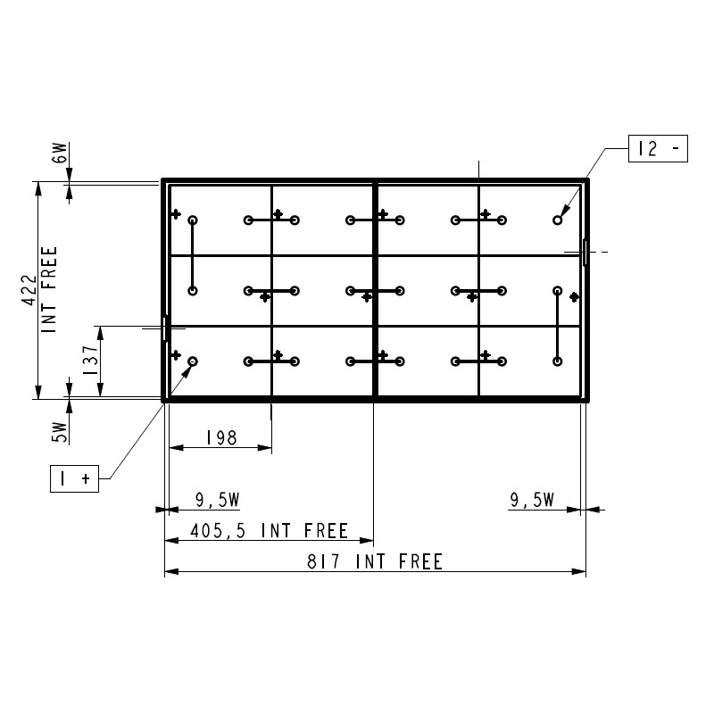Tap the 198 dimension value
click(221, 437)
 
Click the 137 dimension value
click(90, 361)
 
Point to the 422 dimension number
click(29, 290)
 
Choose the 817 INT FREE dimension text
click(375, 561)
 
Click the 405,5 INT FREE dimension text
click(270, 531)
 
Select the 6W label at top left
click(60, 153)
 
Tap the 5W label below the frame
click(60, 432)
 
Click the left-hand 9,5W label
click(218, 500)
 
